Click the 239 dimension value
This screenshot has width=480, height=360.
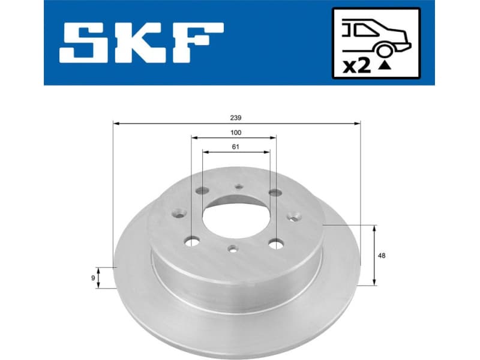tap(235, 118)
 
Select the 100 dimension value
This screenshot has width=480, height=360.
tap(235, 133)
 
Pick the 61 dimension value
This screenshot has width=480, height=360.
tap(235, 147)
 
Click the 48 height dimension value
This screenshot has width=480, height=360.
tap(382, 256)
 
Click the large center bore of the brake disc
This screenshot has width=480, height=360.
tap(235, 217)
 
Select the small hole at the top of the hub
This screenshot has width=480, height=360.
tap(239, 187)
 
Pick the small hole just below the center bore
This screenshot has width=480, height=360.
tap(232, 249)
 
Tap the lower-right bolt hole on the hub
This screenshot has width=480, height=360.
tap(275, 244)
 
